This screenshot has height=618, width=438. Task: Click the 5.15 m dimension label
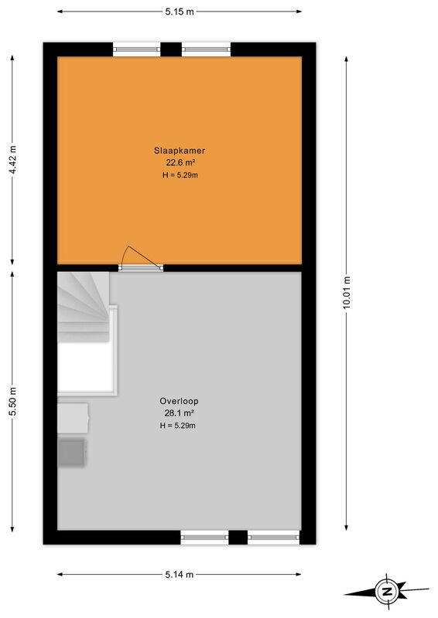click(x=180, y=12)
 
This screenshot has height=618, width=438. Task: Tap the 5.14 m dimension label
click(x=180, y=574)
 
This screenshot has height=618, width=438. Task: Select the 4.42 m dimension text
click(x=13, y=160)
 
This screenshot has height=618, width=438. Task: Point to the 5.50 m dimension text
click(x=13, y=401)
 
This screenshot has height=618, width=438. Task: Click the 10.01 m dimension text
click(x=347, y=292)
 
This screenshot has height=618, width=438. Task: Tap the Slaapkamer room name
click(x=180, y=151)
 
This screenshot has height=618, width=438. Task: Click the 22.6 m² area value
click(x=180, y=162)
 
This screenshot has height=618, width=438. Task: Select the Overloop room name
click(x=179, y=401)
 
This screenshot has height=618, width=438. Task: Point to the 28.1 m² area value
click(x=179, y=413)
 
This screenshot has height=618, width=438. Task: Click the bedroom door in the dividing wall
click(x=141, y=267)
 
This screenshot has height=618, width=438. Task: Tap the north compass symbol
click(x=386, y=592)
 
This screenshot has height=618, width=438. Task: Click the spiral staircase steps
click(x=84, y=306)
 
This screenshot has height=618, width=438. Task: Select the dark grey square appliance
click(x=72, y=453)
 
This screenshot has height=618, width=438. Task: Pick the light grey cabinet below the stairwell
click(x=73, y=418)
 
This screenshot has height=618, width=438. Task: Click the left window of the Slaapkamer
click(x=137, y=49)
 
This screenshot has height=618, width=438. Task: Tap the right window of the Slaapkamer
click(x=206, y=49)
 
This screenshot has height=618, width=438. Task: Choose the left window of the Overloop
click(x=204, y=537)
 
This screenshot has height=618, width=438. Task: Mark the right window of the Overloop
click(x=273, y=537)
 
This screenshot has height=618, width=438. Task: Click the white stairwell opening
click(x=85, y=366)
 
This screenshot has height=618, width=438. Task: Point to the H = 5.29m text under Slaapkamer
click(x=180, y=175)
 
